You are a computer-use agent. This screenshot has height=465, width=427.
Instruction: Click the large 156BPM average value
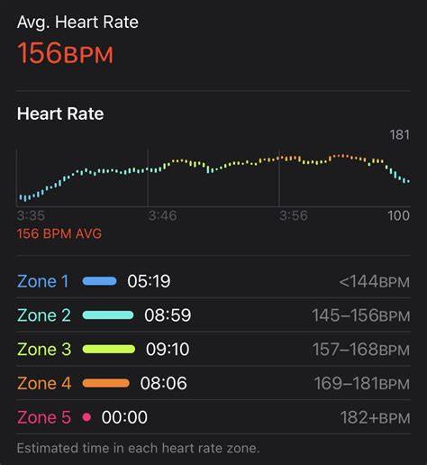[x=65, y=53]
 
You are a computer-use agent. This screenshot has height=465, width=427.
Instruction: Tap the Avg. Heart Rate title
[x=77, y=23]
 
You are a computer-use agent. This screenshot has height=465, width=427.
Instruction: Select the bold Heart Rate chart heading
[x=60, y=114]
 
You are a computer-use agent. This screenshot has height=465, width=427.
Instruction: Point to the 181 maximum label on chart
[x=400, y=135]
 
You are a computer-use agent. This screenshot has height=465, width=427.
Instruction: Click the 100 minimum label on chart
[x=398, y=215]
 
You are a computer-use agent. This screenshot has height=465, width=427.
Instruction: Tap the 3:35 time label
[x=31, y=215]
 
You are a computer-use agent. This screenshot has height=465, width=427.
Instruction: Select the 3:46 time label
[x=162, y=215]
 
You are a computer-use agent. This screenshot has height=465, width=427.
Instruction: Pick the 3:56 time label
[x=294, y=215]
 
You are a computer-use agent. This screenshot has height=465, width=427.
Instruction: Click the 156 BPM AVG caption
[x=59, y=233]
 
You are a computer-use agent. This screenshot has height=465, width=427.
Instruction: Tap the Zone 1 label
[x=43, y=281]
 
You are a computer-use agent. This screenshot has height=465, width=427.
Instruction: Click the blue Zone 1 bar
[x=100, y=281]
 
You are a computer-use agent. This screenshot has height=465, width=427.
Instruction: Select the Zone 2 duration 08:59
[x=168, y=315]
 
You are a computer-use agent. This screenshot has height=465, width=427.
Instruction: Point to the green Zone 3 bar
[x=109, y=349]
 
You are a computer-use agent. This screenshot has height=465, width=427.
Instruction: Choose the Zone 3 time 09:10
[x=168, y=349]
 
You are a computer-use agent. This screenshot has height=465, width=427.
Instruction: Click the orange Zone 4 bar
[x=106, y=383]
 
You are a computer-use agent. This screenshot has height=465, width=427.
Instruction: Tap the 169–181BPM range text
[x=362, y=384]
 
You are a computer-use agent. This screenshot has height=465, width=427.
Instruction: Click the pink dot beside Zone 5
[x=86, y=417]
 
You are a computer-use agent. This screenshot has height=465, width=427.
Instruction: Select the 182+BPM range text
[x=375, y=417]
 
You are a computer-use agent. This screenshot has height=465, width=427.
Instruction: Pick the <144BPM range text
[x=375, y=282]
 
